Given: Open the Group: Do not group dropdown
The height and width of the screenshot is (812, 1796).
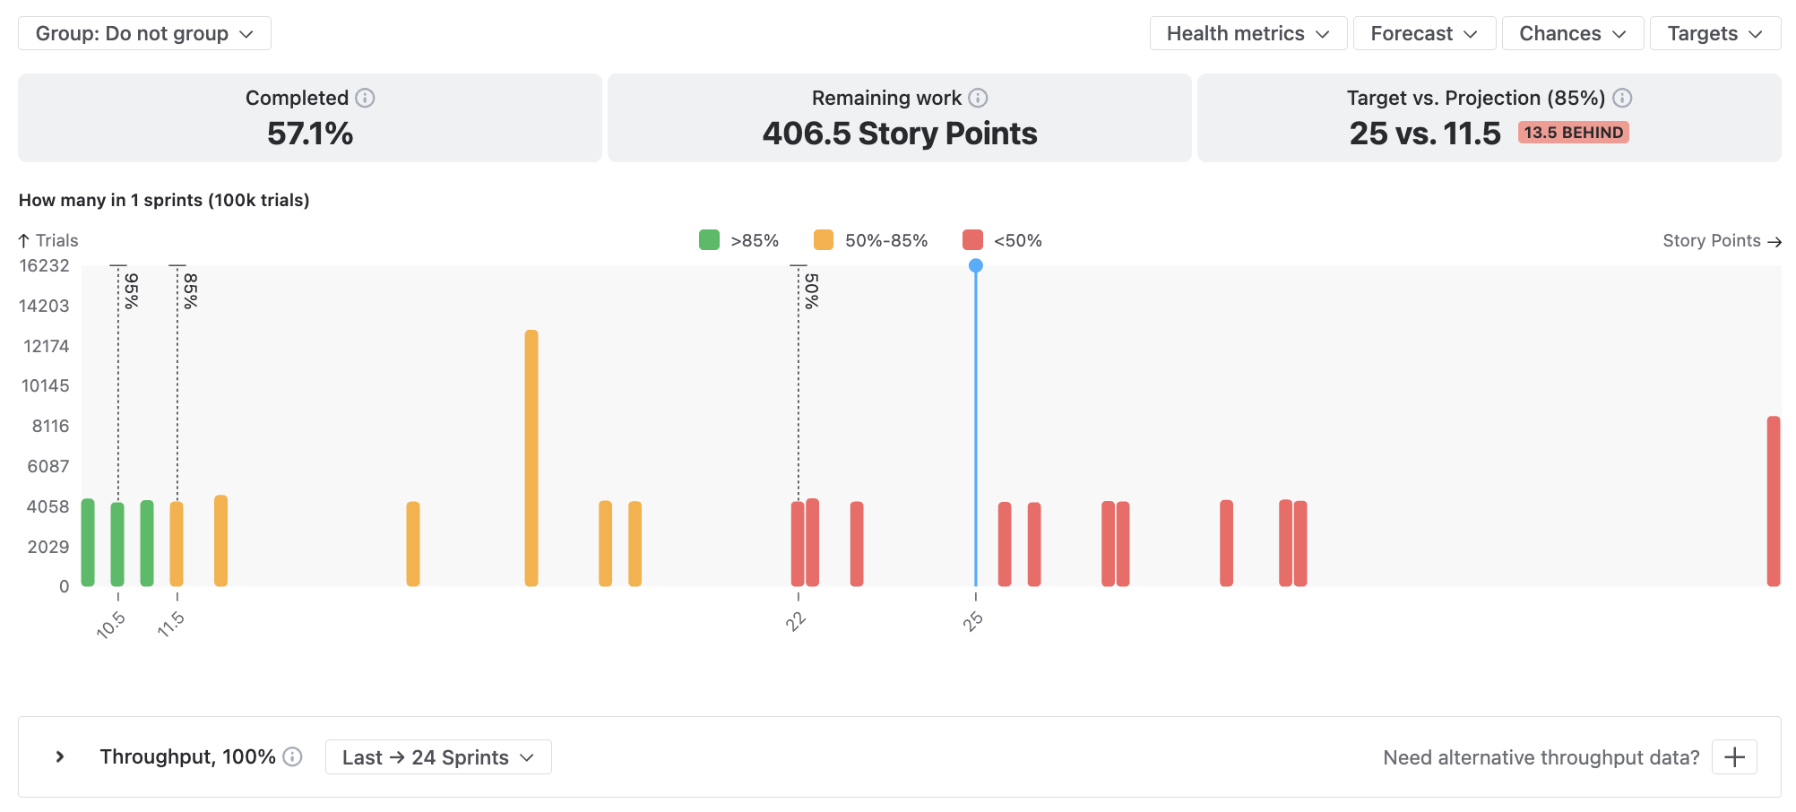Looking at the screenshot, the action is (x=144, y=33).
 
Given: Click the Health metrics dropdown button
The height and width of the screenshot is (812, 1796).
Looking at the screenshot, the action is (x=1248, y=33).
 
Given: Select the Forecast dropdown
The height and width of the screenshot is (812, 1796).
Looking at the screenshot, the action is (x=1424, y=33).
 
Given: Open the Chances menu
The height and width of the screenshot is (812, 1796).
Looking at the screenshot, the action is (x=1572, y=33).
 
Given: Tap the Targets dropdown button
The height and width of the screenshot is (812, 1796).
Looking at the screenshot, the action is (x=1714, y=33).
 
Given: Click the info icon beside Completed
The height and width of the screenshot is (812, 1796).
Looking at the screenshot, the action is (x=365, y=98).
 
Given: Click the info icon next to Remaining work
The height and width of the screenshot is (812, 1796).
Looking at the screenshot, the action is (x=978, y=98).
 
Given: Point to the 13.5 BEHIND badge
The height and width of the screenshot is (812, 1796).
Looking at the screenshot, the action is (x=1573, y=133).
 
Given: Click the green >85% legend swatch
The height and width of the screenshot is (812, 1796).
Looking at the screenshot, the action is (x=709, y=240).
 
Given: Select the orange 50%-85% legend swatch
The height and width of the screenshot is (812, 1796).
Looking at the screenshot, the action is (x=824, y=240).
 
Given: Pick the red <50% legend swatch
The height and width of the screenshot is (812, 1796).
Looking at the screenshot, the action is (x=972, y=240).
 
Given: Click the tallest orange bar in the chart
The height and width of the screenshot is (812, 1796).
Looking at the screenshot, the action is (x=531, y=458).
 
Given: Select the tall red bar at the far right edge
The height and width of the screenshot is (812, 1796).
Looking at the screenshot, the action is (x=1773, y=501).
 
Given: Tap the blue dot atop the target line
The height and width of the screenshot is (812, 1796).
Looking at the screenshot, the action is (x=976, y=265).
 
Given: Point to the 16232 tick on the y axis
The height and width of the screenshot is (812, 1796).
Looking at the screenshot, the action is (x=45, y=265).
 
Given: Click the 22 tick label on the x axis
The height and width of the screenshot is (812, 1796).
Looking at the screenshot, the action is (x=796, y=621).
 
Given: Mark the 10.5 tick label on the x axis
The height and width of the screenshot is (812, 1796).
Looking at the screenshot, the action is (x=110, y=625).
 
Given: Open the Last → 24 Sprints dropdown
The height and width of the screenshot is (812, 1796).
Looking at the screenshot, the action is (x=438, y=757).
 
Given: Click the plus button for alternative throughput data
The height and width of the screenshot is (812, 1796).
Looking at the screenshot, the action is (x=1734, y=757).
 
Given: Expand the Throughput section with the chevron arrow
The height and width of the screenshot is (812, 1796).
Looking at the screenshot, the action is (x=60, y=756).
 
